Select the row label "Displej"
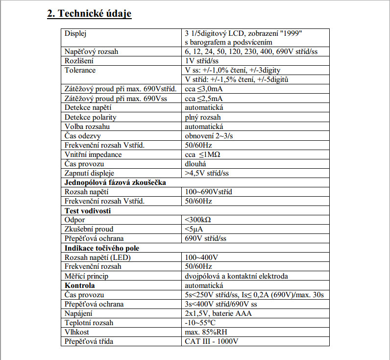(x=76, y=33)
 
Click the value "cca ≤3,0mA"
(x=203, y=89)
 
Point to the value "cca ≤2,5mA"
(x=203, y=98)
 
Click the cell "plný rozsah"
(x=202, y=117)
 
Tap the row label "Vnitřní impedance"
(x=93, y=154)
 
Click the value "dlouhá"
(x=195, y=164)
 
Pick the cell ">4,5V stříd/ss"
(x=206, y=173)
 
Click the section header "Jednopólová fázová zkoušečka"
(x=116, y=182)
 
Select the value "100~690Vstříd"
(x=208, y=192)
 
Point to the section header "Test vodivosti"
(x=88, y=210)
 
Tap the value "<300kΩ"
(x=198, y=220)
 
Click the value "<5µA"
(x=194, y=229)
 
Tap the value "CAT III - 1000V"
(x=211, y=341)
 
